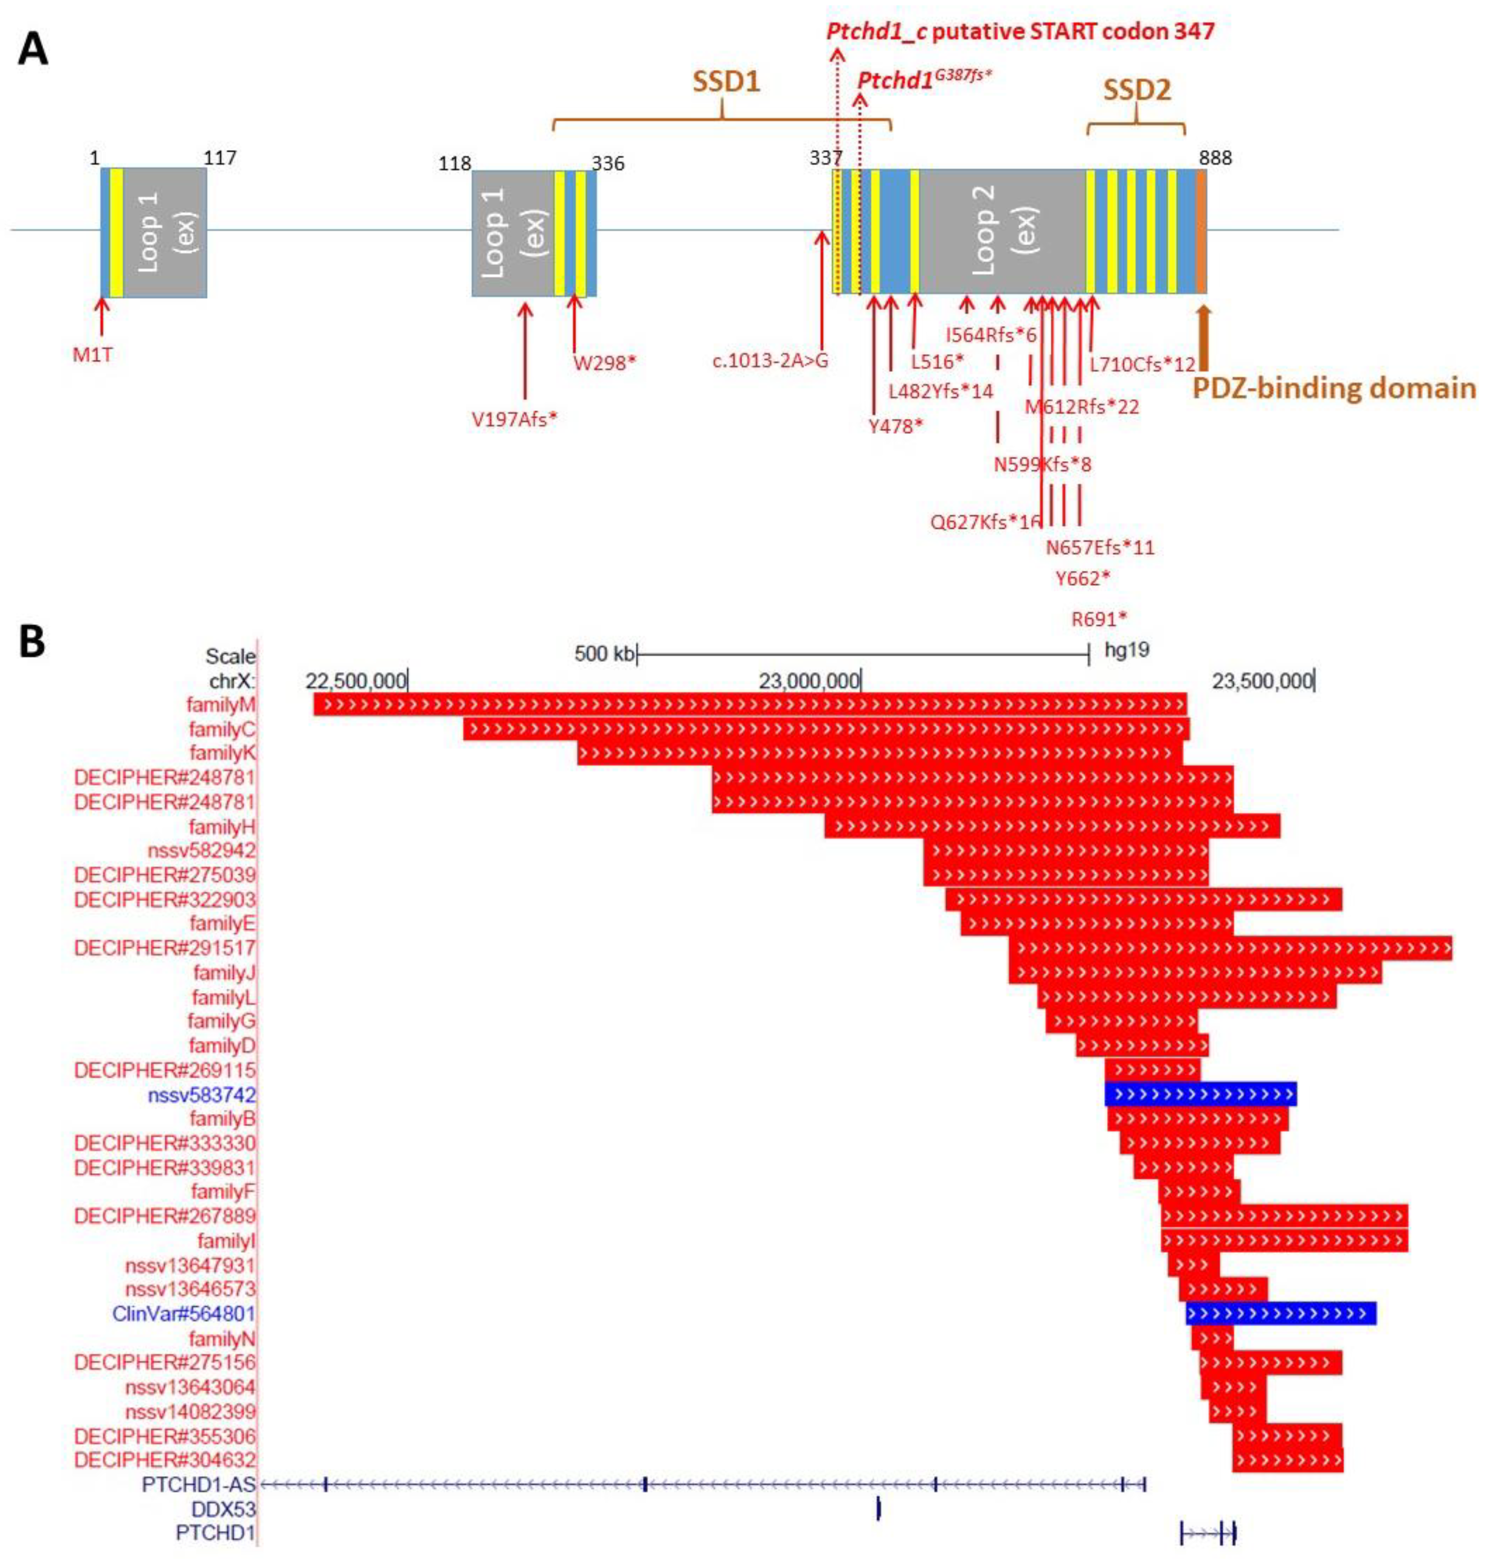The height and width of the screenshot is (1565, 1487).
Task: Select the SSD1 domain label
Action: coord(726,83)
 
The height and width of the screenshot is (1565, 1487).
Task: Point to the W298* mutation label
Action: coord(605,363)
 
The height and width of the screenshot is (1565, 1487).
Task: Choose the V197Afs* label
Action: coord(515,419)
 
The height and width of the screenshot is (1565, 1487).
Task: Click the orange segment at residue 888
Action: coord(1201,232)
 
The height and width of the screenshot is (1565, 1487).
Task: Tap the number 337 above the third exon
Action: coord(825,158)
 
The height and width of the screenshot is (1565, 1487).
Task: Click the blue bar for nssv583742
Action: coord(1200,1094)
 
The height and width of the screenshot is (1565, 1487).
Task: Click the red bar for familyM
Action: coord(749,704)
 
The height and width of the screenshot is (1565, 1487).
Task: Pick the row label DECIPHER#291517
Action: coord(165,948)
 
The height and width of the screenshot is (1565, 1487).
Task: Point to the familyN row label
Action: coord(222,1338)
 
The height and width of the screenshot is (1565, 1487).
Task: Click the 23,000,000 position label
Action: coord(808,681)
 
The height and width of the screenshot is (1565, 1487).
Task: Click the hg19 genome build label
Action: coord(1126,650)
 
